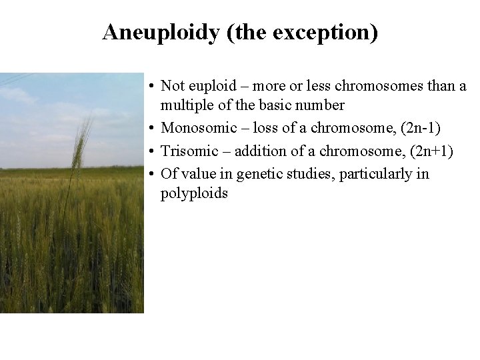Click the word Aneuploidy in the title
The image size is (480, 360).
tap(162, 33)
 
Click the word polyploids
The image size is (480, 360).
tap(194, 194)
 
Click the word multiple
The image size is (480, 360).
tap(184, 106)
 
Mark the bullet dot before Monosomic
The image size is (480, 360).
tap(153, 129)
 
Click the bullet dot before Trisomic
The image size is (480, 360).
tap(153, 151)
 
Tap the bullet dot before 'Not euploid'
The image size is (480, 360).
tap(153, 86)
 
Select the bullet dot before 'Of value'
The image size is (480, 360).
tap(153, 174)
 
